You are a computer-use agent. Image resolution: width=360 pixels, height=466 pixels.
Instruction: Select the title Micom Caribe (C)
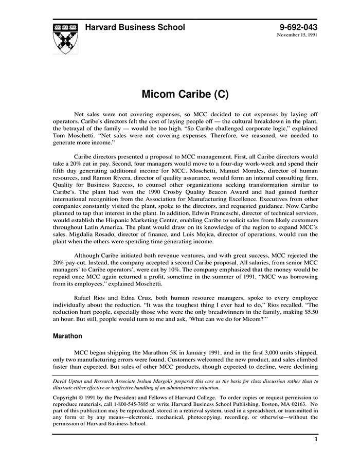185,95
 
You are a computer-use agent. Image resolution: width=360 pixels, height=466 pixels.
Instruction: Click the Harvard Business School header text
135,27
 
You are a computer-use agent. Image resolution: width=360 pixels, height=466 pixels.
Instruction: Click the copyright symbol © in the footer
83,398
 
